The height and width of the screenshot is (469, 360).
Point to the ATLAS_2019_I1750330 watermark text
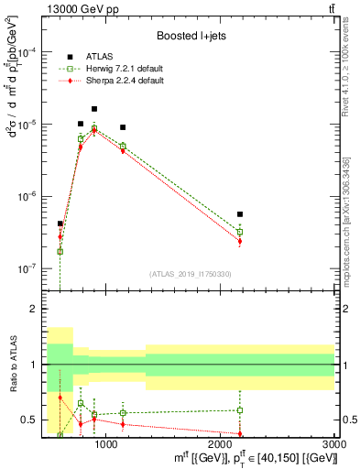(191, 273)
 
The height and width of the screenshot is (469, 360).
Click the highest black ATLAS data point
(93, 109)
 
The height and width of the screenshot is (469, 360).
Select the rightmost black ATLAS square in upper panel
(240, 214)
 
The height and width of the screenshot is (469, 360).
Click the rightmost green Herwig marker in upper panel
(240, 232)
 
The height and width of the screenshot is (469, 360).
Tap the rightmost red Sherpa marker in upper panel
(240, 242)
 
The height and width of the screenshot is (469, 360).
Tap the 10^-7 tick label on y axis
(27, 269)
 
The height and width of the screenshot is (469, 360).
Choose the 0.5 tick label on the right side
(347, 420)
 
